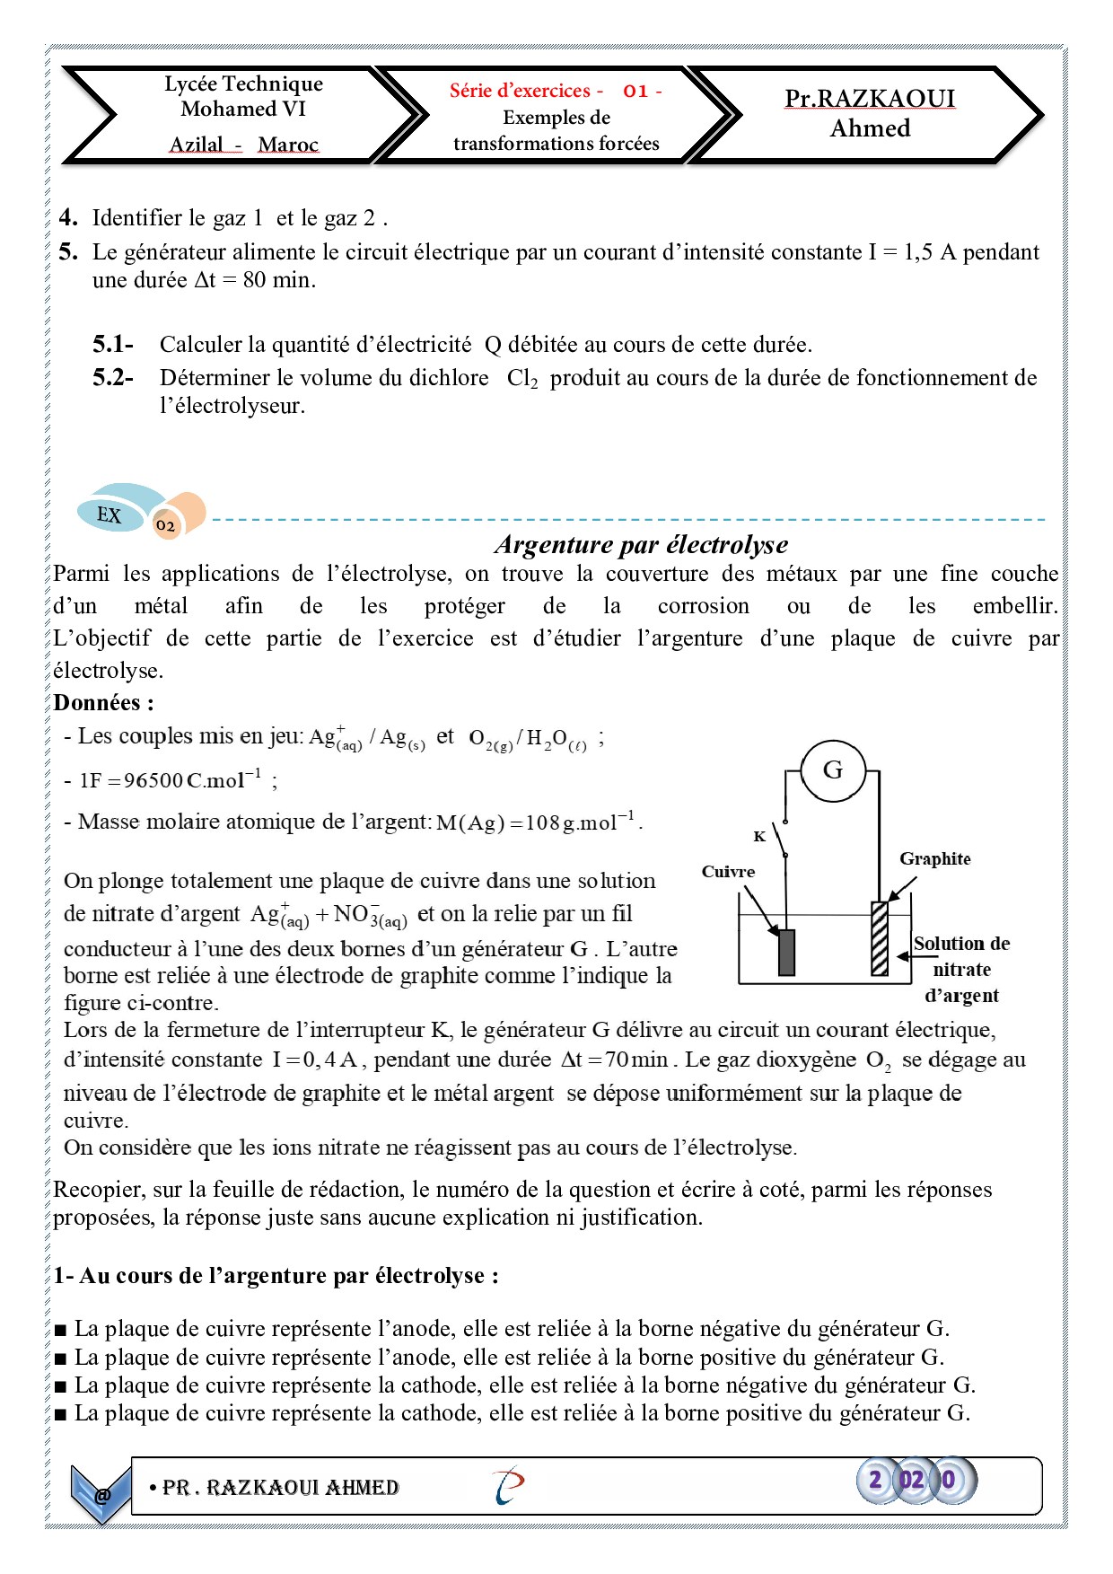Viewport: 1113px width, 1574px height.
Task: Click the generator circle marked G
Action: tap(832, 770)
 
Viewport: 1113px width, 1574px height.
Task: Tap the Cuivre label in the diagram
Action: tap(728, 872)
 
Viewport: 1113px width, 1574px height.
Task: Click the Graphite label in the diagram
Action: tap(934, 859)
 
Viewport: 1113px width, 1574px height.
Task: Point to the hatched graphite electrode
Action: tap(880, 938)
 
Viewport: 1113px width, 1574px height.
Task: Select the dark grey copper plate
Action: tap(786, 952)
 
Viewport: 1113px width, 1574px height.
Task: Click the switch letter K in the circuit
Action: tap(759, 837)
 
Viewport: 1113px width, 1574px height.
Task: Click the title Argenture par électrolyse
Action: tap(641, 544)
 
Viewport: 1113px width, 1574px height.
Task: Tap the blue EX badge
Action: tap(110, 514)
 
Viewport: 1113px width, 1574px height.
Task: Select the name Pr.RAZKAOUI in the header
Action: tap(869, 99)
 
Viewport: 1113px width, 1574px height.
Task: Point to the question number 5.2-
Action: tap(113, 378)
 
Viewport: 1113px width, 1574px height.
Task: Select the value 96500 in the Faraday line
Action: tap(153, 780)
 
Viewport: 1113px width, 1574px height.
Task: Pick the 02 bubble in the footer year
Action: tap(911, 1480)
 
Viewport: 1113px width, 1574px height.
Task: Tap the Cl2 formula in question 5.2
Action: tap(522, 379)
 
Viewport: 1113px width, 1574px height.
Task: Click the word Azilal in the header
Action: tap(197, 145)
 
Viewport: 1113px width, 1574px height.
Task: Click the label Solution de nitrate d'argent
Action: tap(961, 970)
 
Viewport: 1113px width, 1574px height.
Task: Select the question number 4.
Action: tap(68, 218)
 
